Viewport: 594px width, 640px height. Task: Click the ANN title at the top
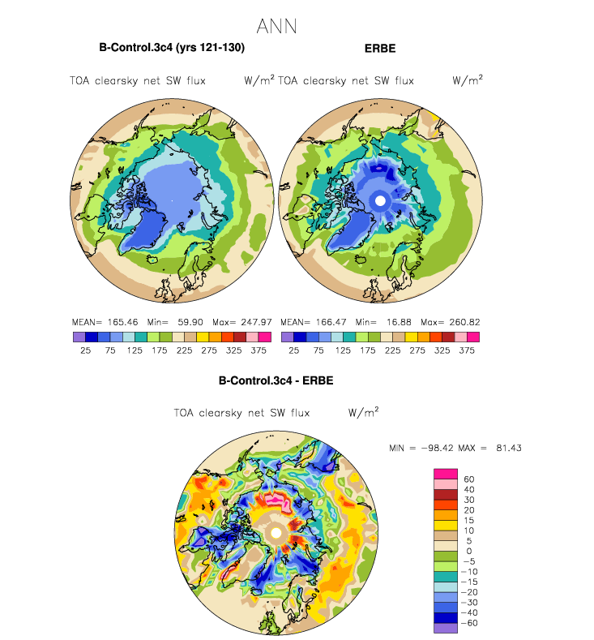(x=276, y=27)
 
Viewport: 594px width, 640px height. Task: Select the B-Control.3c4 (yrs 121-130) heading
(x=172, y=48)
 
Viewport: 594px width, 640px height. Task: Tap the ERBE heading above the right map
(x=380, y=49)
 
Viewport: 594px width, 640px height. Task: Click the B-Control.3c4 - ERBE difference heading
(x=276, y=380)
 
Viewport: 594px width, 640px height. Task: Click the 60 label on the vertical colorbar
(x=468, y=479)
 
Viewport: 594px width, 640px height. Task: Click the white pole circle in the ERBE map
(x=378, y=200)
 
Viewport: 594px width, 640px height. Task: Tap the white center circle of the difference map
(x=276, y=532)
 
